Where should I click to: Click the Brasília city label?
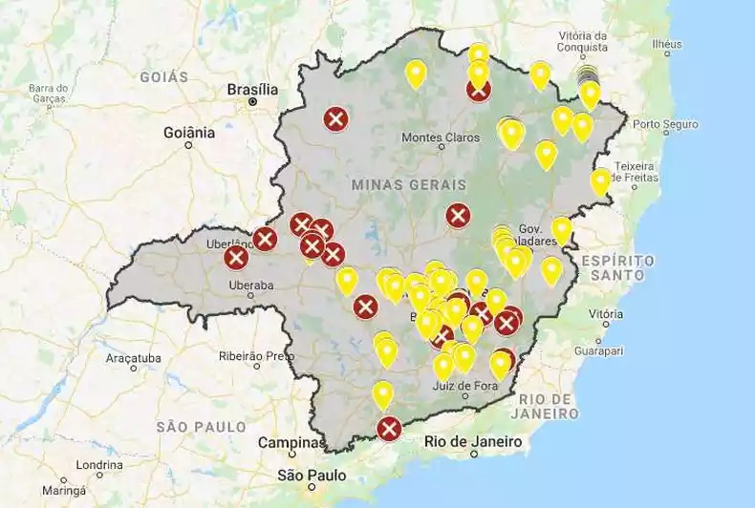coord(252,90)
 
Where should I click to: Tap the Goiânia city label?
coord(189,133)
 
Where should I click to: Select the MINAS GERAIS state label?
coord(408,184)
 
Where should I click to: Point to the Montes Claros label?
coord(441,137)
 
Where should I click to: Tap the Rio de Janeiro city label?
coord(474,441)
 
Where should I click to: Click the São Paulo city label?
coord(312,475)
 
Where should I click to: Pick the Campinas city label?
coord(291,443)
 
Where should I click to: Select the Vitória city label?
coord(606,313)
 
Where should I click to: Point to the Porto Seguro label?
coord(665,124)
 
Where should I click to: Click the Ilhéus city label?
coord(666,44)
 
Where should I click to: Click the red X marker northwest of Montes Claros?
coord(335,119)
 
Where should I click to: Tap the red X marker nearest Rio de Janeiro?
coord(388,429)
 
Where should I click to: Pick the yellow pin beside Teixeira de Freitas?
coord(601,180)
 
